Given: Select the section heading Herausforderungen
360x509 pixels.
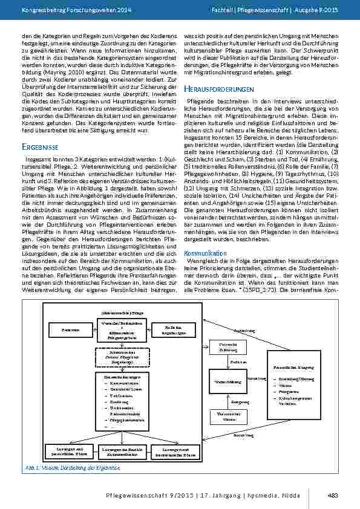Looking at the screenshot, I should coord(218,89).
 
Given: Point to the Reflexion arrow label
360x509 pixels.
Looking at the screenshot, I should coord(237,361).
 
